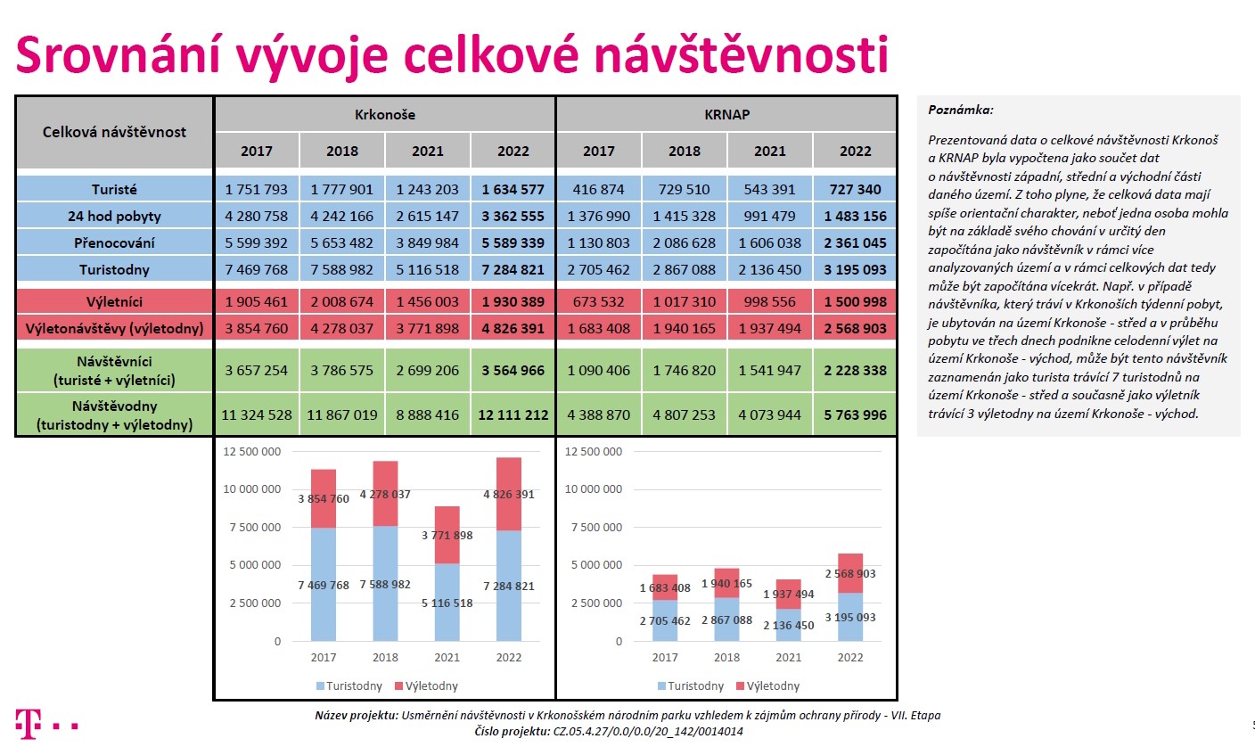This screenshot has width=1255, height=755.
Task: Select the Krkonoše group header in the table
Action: (385, 114)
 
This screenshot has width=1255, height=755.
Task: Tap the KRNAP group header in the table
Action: (726, 114)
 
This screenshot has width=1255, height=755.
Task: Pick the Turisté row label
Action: (114, 189)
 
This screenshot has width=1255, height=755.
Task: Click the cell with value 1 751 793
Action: (256, 189)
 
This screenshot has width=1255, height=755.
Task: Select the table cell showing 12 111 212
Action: (513, 414)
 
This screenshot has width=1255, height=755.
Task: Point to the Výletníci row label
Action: (114, 301)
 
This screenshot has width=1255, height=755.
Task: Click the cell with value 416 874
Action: (598, 189)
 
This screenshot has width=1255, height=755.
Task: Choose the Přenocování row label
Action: (114, 242)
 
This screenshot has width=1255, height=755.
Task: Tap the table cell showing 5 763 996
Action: (855, 414)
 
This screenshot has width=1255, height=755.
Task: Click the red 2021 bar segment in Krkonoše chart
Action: (447, 535)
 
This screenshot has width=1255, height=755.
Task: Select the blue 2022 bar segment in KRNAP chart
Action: (850, 617)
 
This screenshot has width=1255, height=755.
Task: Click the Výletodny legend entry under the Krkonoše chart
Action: (426, 685)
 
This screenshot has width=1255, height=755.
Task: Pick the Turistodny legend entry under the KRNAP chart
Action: (690, 685)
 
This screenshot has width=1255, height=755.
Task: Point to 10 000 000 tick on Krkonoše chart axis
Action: (252, 489)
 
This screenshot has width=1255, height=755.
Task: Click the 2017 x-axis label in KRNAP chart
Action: (665, 657)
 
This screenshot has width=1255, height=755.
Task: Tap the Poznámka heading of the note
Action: (960, 110)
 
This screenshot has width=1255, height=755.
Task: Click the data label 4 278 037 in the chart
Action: (385, 494)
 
